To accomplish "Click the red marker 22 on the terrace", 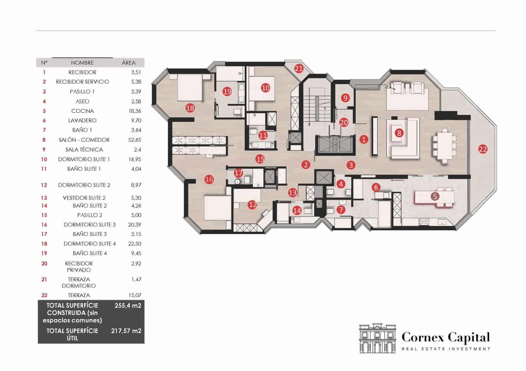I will point(483,149).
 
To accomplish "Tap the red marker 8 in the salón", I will point(399,133).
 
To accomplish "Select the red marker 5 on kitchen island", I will point(435,197).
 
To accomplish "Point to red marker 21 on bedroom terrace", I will point(299,69).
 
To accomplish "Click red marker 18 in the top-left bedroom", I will point(190,108).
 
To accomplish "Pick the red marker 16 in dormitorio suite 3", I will point(209,179).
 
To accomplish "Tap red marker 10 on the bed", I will point(265,88).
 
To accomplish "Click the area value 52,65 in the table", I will point(134,140).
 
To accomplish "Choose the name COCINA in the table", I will point(83,111).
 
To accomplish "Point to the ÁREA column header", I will point(129,63).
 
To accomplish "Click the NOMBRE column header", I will point(82,63).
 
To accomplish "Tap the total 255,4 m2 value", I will point(128,306).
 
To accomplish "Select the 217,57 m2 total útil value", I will point(126,331).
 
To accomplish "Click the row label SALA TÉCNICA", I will point(84,149).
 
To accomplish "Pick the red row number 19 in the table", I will point(44,253).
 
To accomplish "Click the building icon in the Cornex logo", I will point(377,338).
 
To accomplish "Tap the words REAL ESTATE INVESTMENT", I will point(446,349).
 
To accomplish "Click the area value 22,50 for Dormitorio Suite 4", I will point(135,244).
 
